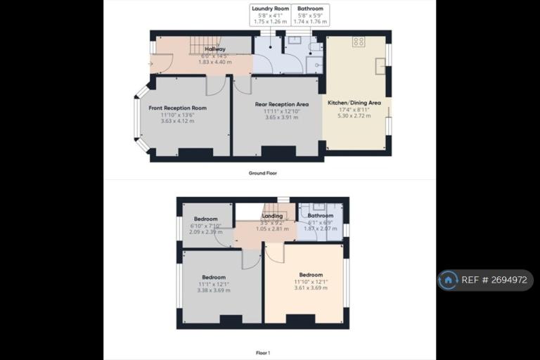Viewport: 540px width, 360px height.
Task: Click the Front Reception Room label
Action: point(177,108)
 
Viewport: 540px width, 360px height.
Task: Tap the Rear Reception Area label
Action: point(281,104)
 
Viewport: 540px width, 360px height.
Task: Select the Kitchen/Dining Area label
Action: point(354,103)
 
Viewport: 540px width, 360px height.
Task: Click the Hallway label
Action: point(214,49)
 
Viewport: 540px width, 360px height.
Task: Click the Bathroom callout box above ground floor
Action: point(310,15)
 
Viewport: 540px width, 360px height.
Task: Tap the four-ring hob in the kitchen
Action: point(359,41)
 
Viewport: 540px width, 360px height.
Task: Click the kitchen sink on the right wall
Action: point(380,69)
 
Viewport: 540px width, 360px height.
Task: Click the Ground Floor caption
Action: point(262,173)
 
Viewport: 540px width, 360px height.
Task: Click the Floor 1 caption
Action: point(262,351)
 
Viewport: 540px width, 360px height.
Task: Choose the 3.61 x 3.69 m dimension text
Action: point(310,288)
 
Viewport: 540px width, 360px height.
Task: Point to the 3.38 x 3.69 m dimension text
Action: point(214,290)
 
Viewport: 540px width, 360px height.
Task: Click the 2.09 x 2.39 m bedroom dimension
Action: point(205,231)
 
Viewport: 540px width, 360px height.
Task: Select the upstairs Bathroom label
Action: point(320,216)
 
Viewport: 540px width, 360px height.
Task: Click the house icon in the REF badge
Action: point(448,280)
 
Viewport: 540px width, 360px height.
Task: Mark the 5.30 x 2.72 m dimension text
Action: point(354,115)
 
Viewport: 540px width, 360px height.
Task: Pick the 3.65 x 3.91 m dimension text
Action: point(281,117)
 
